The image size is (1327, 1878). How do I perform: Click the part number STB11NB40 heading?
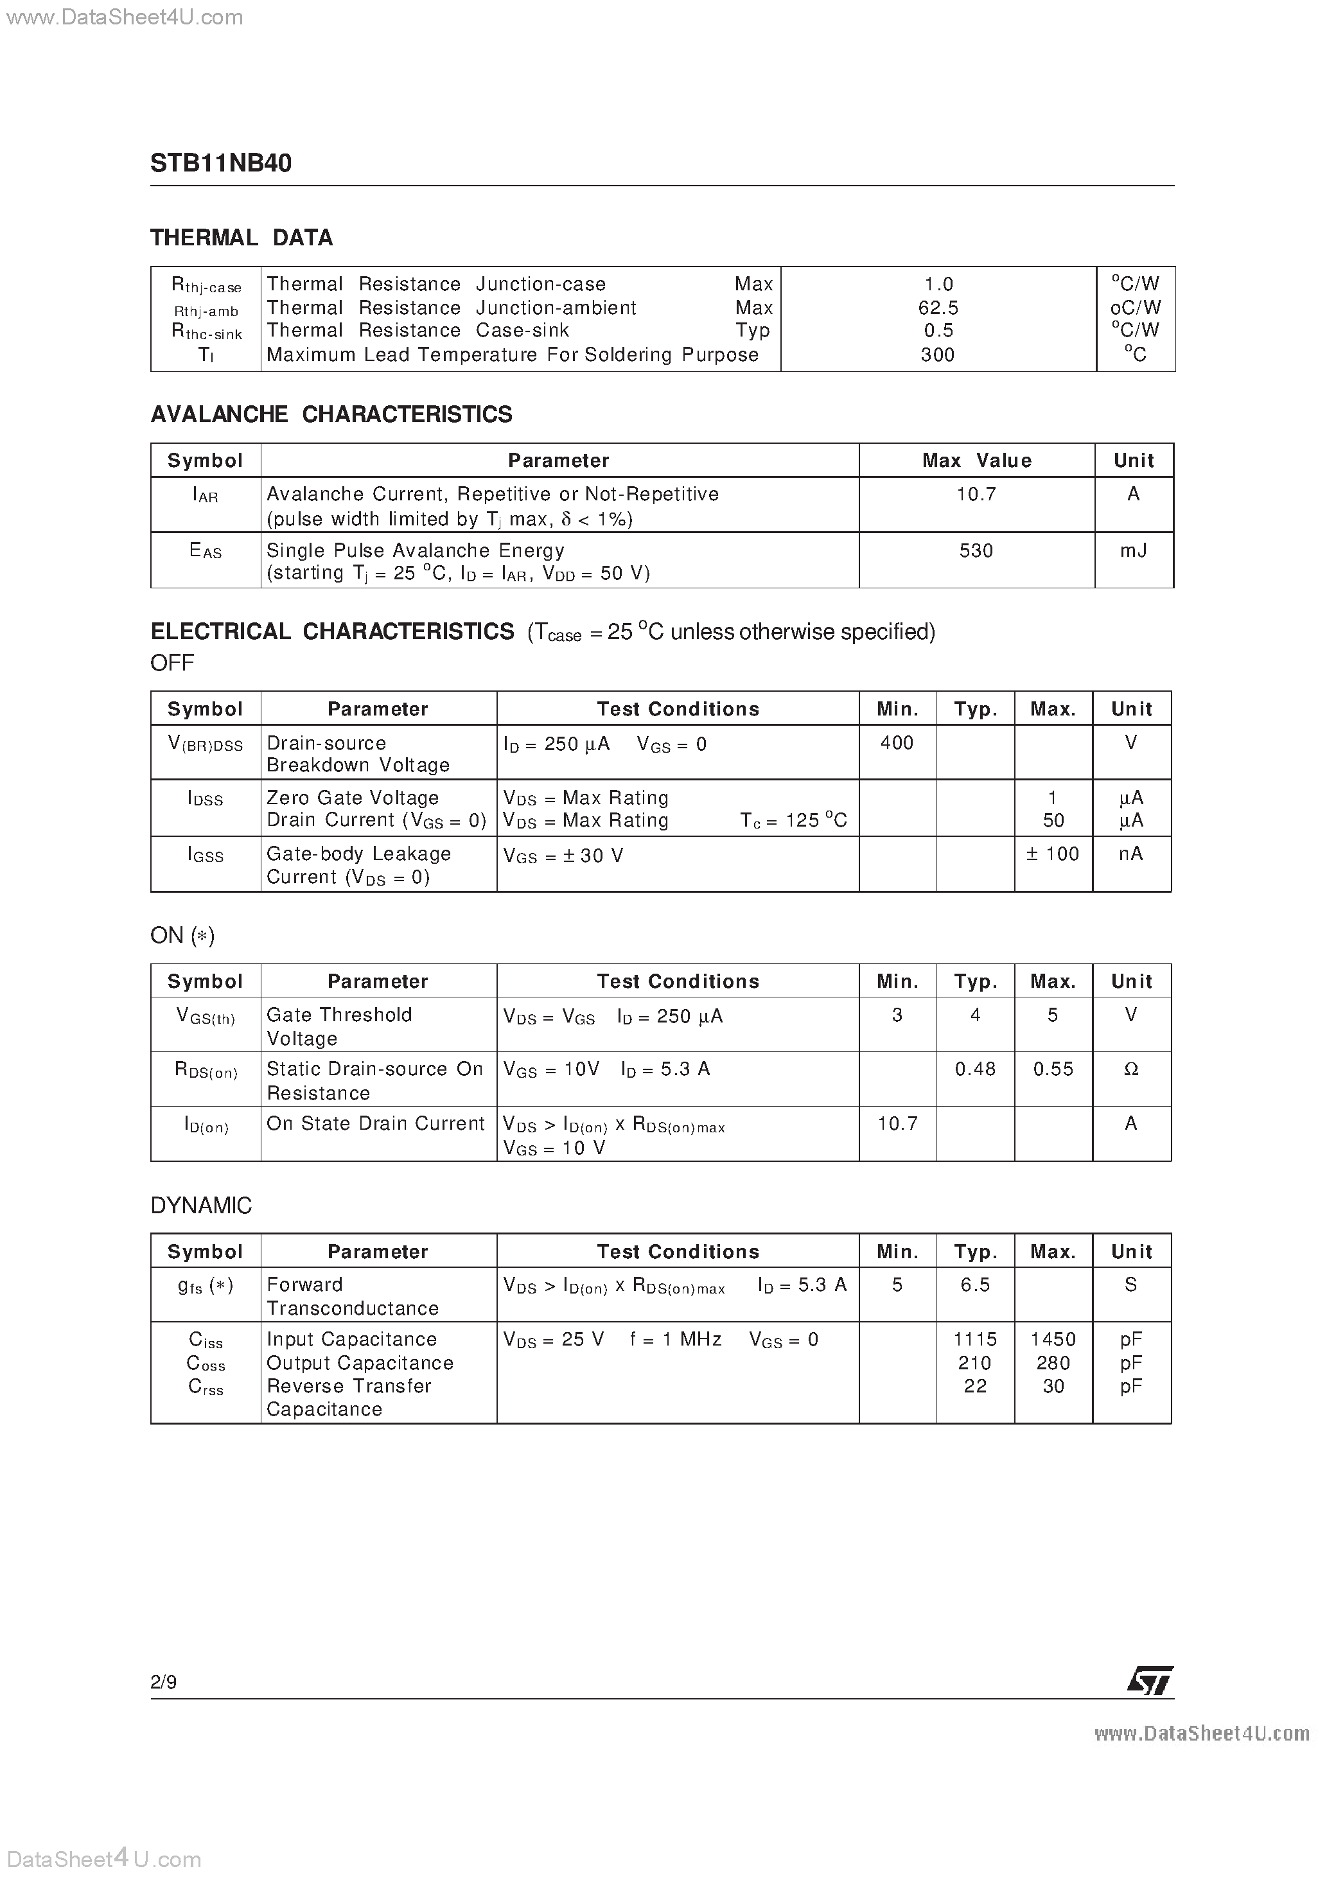pyautogui.click(x=221, y=164)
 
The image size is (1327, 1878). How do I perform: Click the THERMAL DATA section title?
pyautogui.click(x=242, y=238)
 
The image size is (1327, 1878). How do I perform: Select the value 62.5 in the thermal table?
pyautogui.click(x=938, y=308)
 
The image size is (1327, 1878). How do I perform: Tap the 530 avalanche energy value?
pyautogui.click(x=976, y=550)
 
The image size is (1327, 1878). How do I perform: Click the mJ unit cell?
pyautogui.click(x=1133, y=550)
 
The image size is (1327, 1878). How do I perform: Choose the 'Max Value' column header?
pyautogui.click(x=976, y=461)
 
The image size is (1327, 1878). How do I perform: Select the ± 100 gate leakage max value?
pyautogui.click(x=1053, y=854)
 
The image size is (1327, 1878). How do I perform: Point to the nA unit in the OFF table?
pyautogui.click(x=1130, y=854)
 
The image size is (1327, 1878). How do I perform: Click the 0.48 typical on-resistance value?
pyautogui.click(x=975, y=1069)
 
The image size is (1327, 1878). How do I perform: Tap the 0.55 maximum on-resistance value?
pyautogui.click(x=1053, y=1069)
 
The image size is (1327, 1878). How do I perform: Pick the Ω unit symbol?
pyautogui.click(x=1130, y=1069)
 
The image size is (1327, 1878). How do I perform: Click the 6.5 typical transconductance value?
pyautogui.click(x=975, y=1285)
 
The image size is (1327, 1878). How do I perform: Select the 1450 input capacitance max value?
pyautogui.click(x=1053, y=1340)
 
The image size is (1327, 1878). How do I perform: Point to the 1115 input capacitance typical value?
pyautogui.click(x=975, y=1340)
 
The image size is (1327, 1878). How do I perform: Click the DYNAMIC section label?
pyautogui.click(x=201, y=1206)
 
